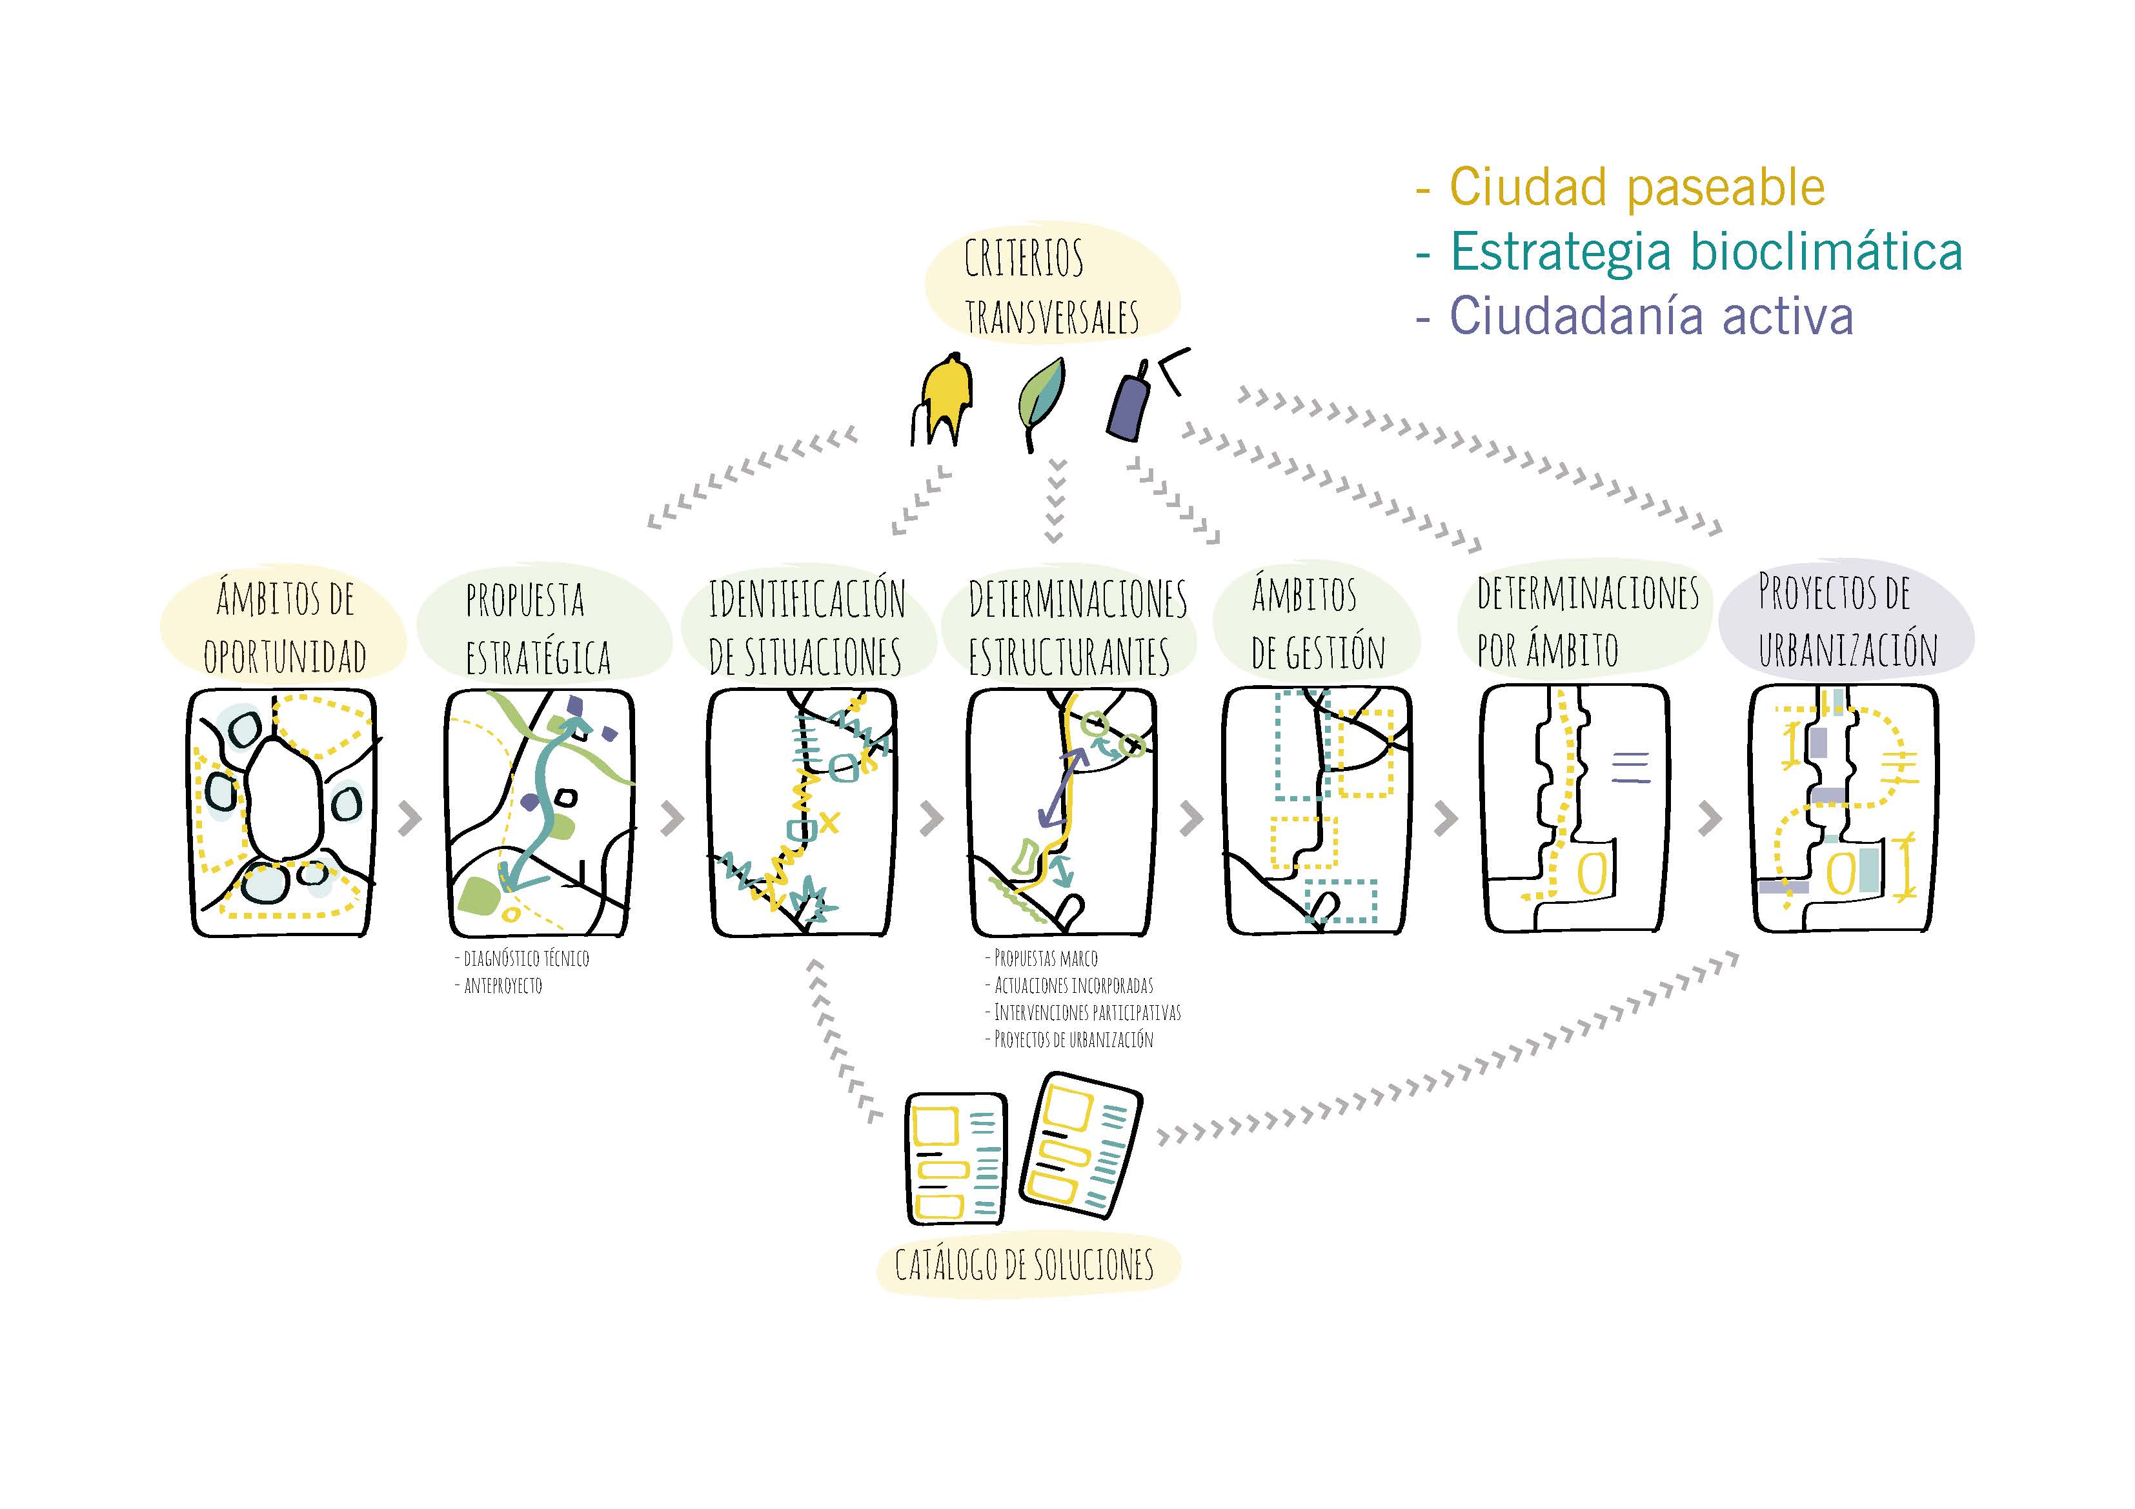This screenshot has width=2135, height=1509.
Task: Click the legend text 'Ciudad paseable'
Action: (1637, 188)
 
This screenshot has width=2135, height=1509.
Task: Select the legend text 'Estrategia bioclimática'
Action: (1706, 252)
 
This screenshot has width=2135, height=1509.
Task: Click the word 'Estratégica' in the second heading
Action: (538, 657)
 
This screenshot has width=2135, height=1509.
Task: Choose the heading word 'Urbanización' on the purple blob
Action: (1848, 650)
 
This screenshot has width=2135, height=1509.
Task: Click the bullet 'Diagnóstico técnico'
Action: (526, 959)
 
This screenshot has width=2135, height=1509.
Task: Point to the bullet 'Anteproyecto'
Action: (503, 986)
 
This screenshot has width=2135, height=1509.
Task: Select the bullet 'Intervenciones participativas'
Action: (1087, 1012)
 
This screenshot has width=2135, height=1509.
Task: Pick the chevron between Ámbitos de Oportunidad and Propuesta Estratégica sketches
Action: (409, 819)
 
